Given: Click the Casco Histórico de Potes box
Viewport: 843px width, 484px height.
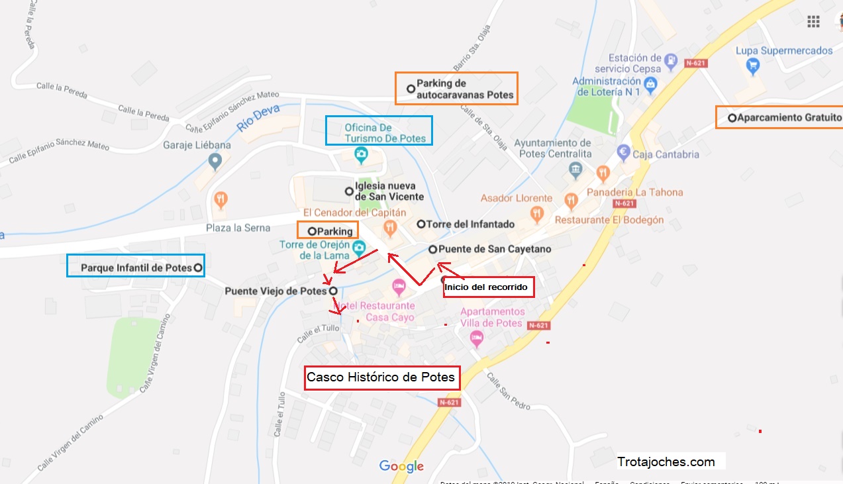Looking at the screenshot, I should pyautogui.click(x=381, y=377).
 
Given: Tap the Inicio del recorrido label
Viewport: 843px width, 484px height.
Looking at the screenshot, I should pyautogui.click(x=488, y=287).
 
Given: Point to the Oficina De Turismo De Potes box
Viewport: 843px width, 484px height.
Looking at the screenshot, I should pyautogui.click(x=378, y=131).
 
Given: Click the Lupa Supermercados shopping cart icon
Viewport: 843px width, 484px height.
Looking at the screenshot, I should pyautogui.click(x=752, y=65).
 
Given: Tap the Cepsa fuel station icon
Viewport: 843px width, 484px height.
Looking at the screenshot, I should pyautogui.click(x=671, y=60).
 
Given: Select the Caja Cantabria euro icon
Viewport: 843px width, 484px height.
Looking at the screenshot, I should pyautogui.click(x=622, y=152).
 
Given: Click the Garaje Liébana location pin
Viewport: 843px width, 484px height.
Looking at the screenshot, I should pyautogui.click(x=214, y=160).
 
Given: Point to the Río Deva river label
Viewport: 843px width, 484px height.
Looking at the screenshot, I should pyautogui.click(x=259, y=117).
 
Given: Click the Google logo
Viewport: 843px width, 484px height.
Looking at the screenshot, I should pyautogui.click(x=401, y=466).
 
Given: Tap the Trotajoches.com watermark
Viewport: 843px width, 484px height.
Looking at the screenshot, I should pyautogui.click(x=666, y=461).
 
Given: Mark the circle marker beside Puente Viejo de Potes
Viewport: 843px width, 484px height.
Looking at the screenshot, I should pyautogui.click(x=333, y=291).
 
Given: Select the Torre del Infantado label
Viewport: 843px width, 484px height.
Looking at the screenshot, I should pyautogui.click(x=470, y=224).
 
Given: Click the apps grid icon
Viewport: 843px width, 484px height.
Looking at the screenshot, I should pyautogui.click(x=813, y=22).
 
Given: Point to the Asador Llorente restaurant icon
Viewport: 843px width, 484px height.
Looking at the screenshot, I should pyautogui.click(x=537, y=213).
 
